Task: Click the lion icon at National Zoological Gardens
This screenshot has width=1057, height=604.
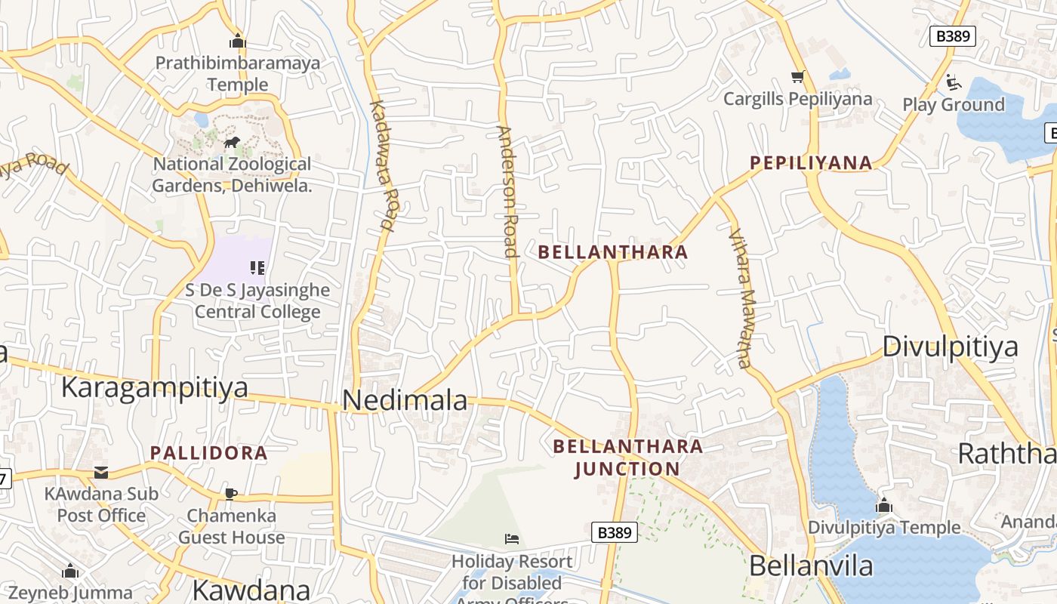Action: coord(232,142)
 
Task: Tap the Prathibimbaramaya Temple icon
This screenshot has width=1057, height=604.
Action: coord(238,41)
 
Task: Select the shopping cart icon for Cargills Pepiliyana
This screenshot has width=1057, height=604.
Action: coord(797,76)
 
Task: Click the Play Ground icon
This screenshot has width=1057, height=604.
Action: coord(954,82)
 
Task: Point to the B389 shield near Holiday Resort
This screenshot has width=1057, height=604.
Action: coord(614,532)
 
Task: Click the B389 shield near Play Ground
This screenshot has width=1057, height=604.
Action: coord(953,36)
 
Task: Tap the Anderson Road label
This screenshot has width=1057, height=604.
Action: coord(507,192)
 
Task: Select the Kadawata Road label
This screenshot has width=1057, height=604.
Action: coord(384,165)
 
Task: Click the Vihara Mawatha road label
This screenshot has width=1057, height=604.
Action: coord(740,297)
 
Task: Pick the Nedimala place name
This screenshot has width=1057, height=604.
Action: coord(405,400)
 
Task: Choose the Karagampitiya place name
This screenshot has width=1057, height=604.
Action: coord(154,387)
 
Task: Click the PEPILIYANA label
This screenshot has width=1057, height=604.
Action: coord(811,162)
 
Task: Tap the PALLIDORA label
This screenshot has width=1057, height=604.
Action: coord(209,453)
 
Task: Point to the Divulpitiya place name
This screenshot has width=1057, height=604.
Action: coord(950,347)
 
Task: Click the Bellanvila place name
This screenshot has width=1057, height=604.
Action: coord(811,565)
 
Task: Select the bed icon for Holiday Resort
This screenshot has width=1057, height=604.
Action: coord(512,539)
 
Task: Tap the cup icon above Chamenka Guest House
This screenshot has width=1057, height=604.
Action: coord(231,494)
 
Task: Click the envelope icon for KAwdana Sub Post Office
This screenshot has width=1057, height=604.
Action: coord(101,473)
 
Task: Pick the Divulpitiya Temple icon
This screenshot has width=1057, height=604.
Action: coord(884,505)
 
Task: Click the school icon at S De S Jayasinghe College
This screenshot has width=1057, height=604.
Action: coord(257,267)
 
